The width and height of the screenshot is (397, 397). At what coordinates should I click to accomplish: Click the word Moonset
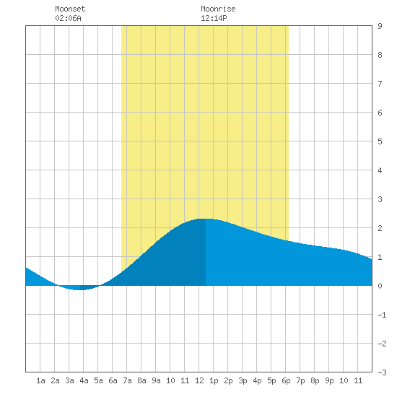coord(70,9)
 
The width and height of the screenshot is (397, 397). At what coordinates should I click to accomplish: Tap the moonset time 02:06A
coord(68,18)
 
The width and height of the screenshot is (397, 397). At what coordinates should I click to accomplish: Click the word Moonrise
coord(218,9)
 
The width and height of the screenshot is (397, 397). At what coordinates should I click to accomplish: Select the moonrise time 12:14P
coord(214,18)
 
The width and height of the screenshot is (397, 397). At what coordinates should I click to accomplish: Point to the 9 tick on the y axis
coord(380,26)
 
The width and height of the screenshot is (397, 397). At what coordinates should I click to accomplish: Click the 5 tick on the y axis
coord(380,141)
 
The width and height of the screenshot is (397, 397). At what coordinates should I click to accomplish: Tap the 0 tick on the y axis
coord(380,286)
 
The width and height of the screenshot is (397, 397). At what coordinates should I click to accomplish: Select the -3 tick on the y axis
coord(382,372)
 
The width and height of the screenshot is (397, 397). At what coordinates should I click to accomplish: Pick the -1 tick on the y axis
coord(382,315)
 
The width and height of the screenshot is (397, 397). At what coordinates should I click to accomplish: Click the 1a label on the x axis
coord(40,380)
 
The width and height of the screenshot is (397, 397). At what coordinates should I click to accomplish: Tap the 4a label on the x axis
coord(84,380)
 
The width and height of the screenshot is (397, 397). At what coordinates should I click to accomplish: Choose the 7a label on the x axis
coord(127,380)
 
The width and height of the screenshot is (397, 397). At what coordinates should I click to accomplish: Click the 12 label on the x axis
coord(199,380)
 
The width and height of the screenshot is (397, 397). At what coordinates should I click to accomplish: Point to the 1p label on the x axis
coord(214,380)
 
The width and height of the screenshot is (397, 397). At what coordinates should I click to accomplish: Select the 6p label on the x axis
coord(286,380)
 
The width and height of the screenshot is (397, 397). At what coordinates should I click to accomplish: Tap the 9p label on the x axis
coord(329,380)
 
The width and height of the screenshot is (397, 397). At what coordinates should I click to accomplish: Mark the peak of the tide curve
coord(206,219)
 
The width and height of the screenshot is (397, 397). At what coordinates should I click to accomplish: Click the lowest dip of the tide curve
coord(80,290)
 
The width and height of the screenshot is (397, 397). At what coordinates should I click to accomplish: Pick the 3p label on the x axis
coord(243,380)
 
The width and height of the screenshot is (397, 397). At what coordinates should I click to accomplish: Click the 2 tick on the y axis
coord(380,228)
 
